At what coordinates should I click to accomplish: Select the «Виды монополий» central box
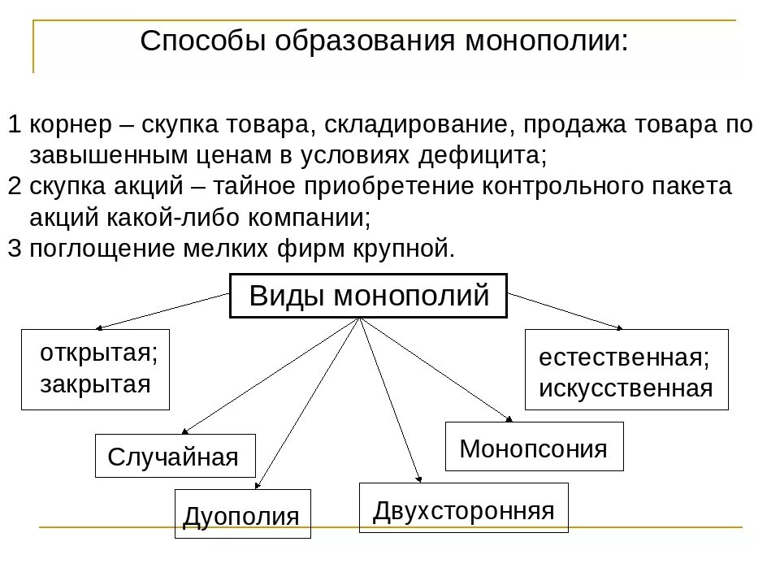pos(369,296)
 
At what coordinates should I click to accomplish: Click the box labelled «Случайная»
pos(175,456)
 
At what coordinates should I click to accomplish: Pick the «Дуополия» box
pos(242,513)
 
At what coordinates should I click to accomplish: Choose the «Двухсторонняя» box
pos(463,509)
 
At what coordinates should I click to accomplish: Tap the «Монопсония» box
pos(534,447)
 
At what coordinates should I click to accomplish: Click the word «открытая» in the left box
pos(98,353)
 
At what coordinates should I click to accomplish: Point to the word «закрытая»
pos(96,383)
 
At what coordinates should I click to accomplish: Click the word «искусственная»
pos(626,388)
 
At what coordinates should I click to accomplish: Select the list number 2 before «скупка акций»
pos(15,186)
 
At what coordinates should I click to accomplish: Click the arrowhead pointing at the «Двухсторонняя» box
pos(419,479)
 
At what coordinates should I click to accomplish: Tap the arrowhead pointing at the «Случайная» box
pos(185,431)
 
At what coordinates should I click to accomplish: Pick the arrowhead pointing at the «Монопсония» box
pos(509,419)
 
